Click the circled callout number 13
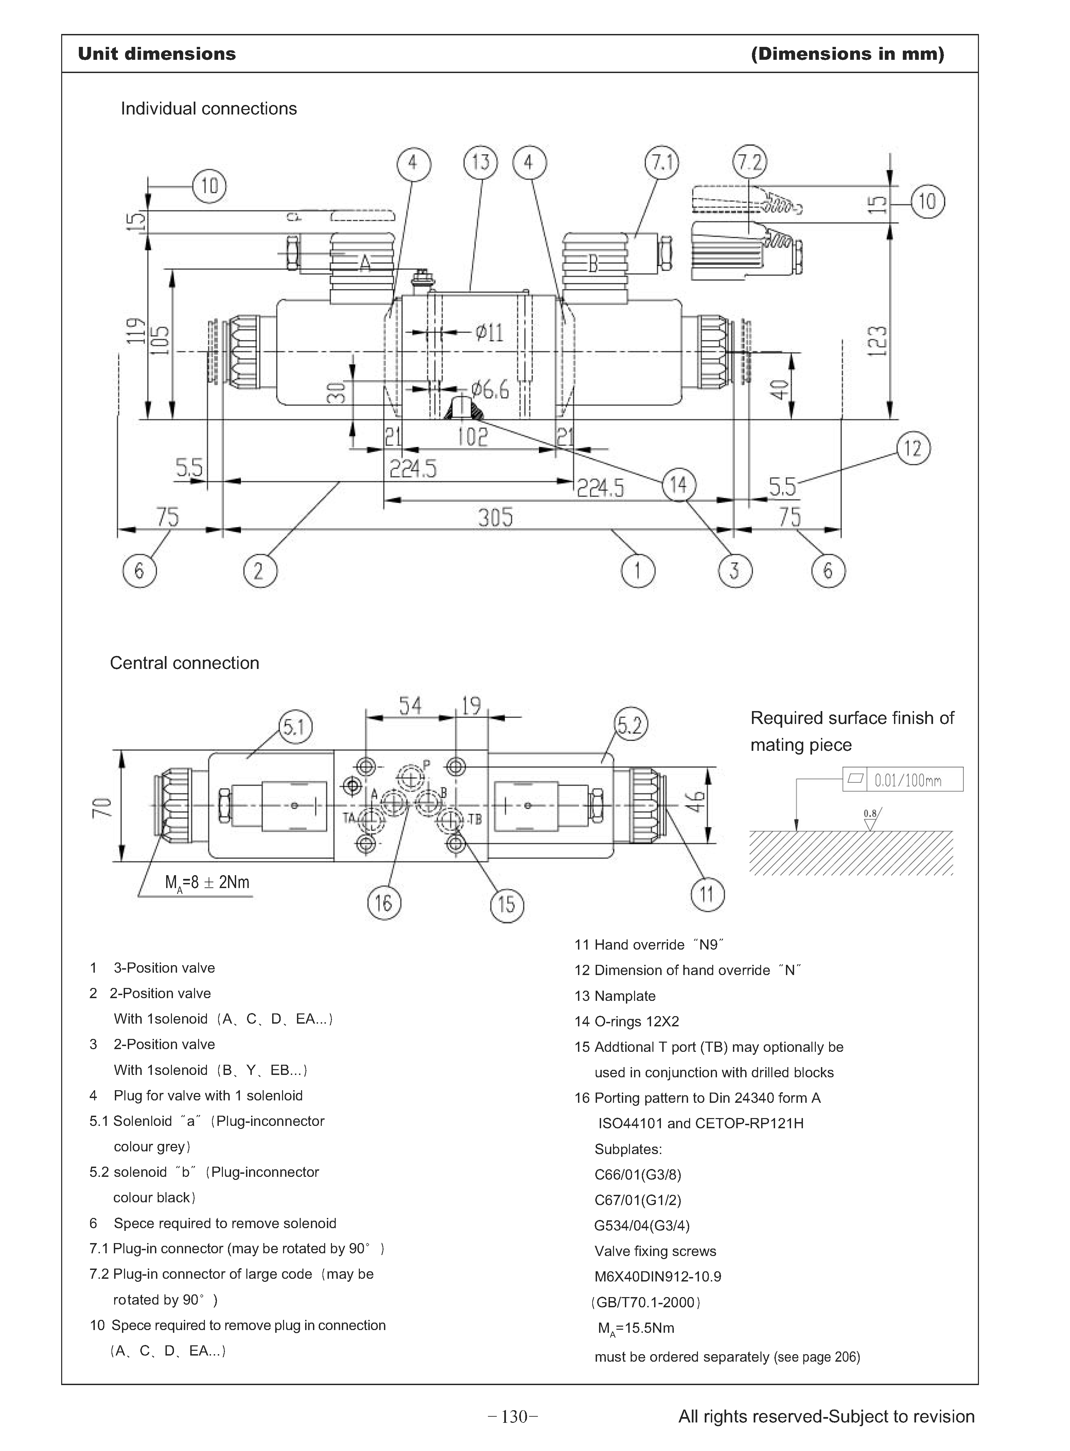pos(480,162)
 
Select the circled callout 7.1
pos(662,162)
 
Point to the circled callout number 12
pos(913,448)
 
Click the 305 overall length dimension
pos(495,517)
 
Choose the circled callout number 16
pos(384,903)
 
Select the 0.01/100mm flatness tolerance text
pos(908,780)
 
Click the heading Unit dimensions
pos(157,54)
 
